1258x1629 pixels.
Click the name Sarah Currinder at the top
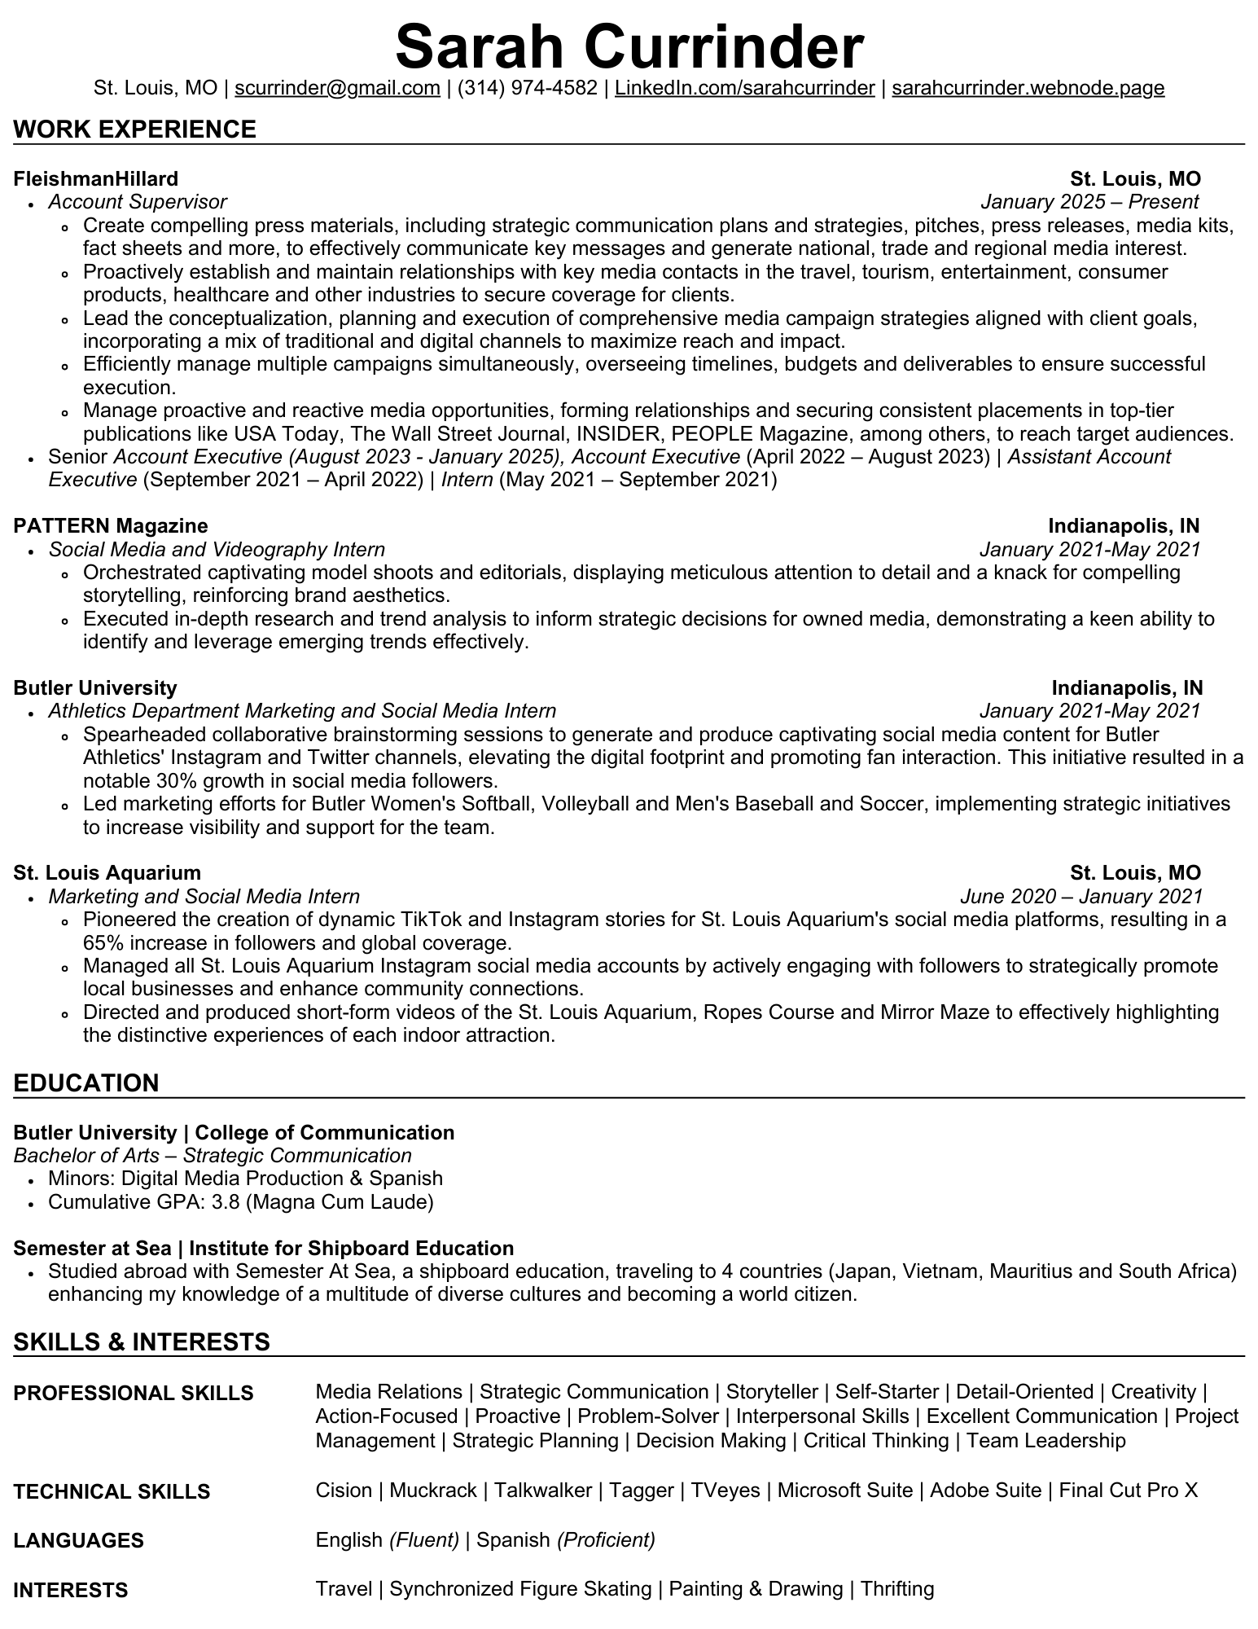point(629,46)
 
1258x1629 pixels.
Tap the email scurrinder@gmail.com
point(337,88)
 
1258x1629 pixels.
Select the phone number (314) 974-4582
point(528,88)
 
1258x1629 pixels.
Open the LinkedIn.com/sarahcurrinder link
point(744,88)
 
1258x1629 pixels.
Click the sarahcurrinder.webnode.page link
point(1028,88)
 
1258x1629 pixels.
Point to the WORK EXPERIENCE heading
point(135,130)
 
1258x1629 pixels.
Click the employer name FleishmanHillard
point(96,178)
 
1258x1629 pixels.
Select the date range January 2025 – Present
point(1089,201)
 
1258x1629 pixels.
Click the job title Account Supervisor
point(138,201)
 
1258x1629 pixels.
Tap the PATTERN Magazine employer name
point(111,525)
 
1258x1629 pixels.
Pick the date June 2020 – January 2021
point(1080,897)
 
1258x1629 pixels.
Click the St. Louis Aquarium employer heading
point(107,873)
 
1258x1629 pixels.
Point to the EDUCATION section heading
point(86,1082)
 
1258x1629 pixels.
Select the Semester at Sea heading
point(92,1248)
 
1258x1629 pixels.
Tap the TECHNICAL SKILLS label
point(112,1491)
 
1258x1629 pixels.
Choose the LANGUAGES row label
point(79,1540)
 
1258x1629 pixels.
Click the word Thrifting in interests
point(896,1589)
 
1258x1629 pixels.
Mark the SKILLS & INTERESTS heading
point(142,1341)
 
